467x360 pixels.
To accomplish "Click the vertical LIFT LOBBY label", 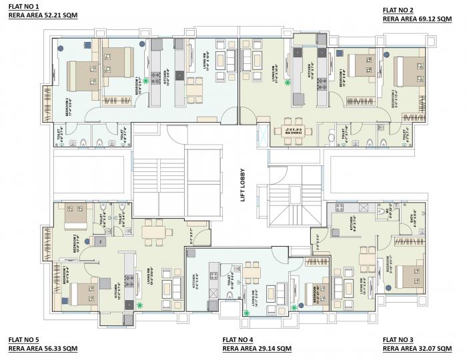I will (244, 185).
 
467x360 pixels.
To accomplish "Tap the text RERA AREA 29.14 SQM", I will (257, 349).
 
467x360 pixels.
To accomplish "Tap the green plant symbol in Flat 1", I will (145, 79).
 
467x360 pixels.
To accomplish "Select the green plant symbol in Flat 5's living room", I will (139, 304).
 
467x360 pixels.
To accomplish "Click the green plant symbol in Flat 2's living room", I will (288, 82).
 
